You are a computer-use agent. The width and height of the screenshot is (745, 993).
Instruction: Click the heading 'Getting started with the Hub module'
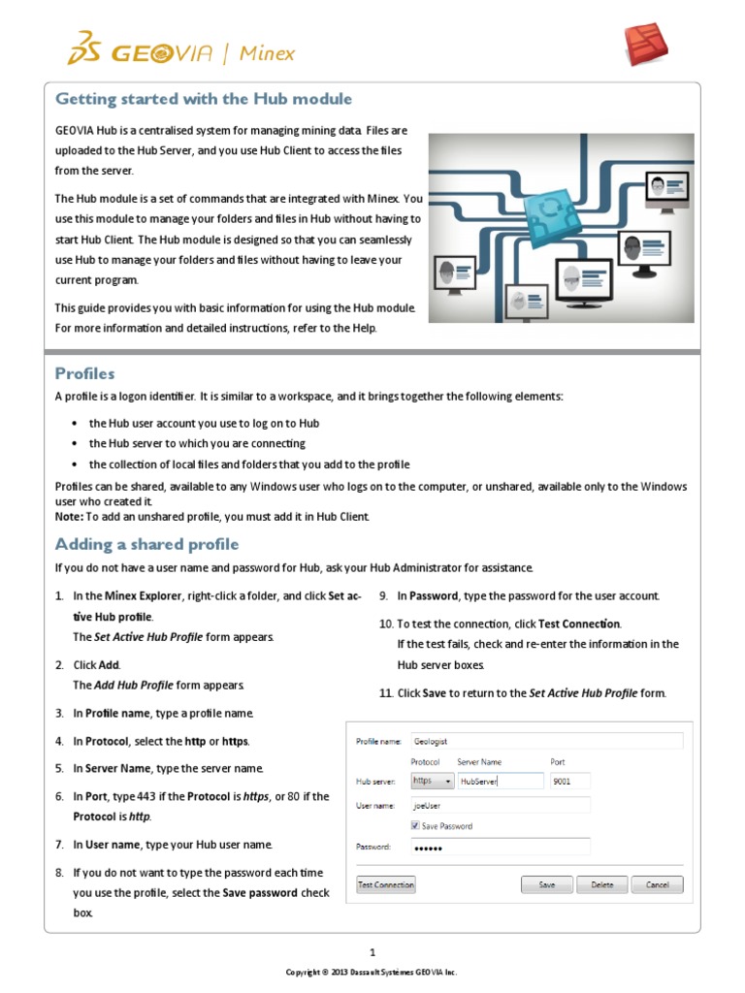(203, 99)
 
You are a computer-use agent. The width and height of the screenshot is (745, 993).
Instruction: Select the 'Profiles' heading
(84, 373)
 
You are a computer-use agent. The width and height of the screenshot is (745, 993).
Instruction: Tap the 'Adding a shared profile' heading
(146, 544)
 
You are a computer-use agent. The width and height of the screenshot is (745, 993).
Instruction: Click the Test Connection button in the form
(386, 884)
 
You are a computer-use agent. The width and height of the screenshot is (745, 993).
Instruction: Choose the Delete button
(602, 884)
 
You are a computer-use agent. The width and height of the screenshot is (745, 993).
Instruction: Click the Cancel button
(657, 884)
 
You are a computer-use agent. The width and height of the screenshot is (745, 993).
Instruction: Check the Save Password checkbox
(415, 826)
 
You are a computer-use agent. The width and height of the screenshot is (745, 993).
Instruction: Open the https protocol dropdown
(433, 781)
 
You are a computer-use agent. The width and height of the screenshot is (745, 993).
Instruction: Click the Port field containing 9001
(568, 781)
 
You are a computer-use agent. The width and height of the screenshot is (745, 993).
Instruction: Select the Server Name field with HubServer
(501, 781)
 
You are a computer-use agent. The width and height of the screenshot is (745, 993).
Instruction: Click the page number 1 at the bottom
(372, 951)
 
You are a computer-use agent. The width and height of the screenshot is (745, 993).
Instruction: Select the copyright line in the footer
(372, 972)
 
